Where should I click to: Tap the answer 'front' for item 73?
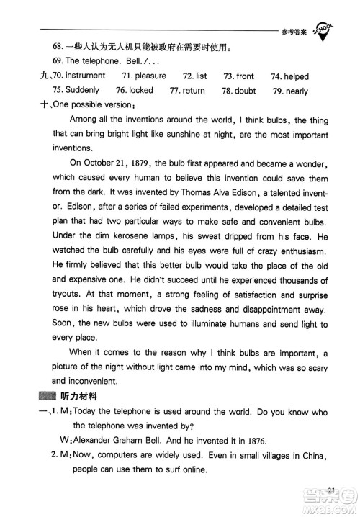[245, 76]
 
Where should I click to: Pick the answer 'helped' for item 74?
[296, 76]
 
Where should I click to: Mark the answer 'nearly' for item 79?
[297, 91]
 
